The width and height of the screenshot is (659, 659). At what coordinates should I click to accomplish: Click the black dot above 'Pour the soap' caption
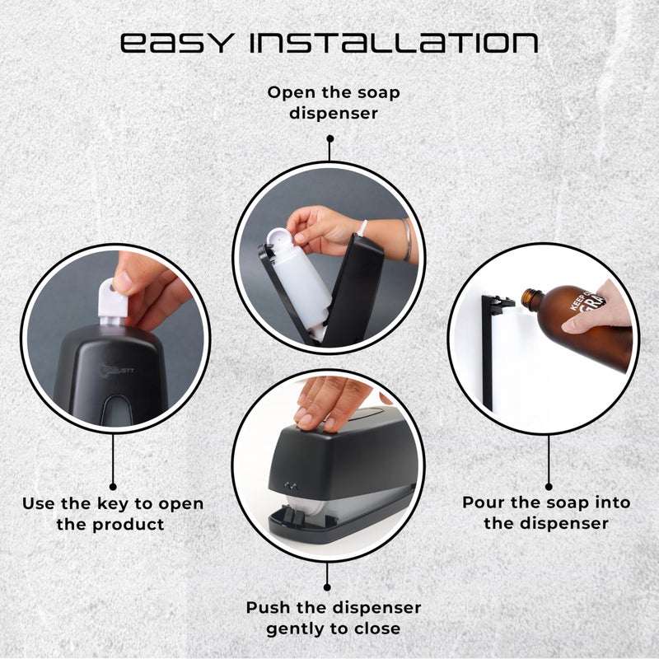[548, 487]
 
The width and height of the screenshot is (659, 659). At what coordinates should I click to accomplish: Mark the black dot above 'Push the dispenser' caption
[329, 588]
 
